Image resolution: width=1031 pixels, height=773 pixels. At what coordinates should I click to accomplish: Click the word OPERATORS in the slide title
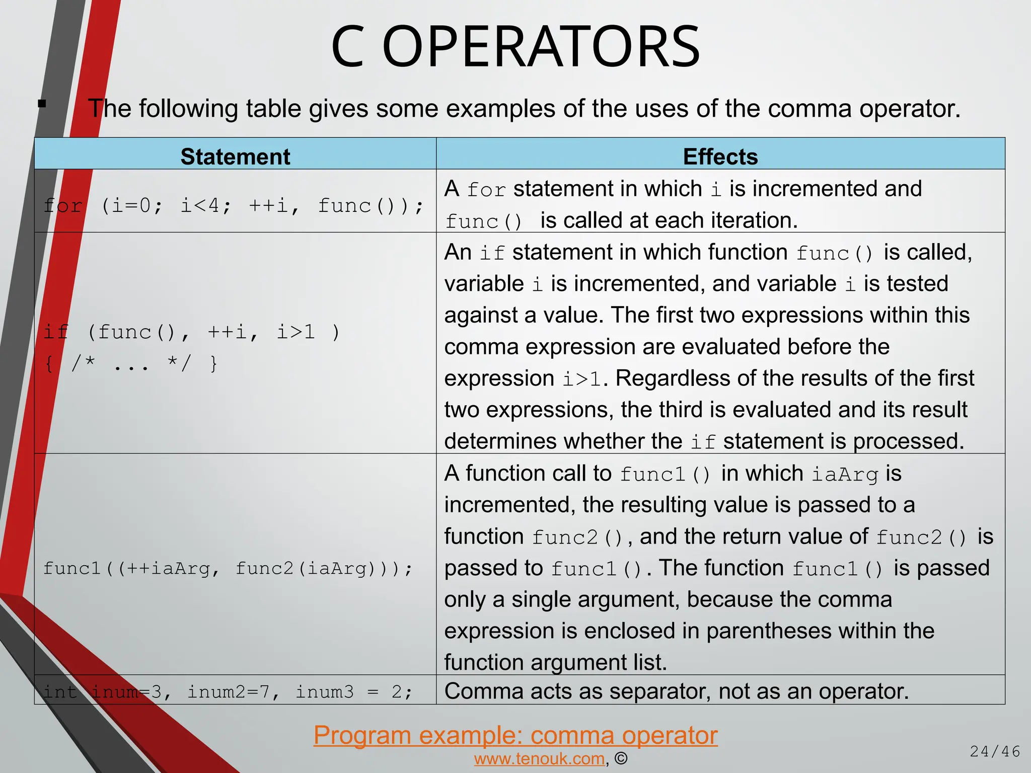pyautogui.click(x=541, y=47)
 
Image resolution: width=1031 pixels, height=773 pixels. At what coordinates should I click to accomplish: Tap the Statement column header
pyautogui.click(x=235, y=157)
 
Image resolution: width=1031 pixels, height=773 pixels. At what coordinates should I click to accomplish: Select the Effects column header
pyautogui.click(x=720, y=157)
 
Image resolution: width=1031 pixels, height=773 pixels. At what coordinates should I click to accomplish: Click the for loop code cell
pyautogui.click(x=234, y=206)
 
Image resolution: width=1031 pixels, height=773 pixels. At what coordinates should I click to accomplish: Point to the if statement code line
pyautogui.click(x=191, y=332)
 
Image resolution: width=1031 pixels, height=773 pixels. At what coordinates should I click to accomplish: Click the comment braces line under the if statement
pyautogui.click(x=131, y=363)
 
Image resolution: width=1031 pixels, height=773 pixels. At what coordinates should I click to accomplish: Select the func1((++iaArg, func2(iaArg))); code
pyautogui.click(x=228, y=568)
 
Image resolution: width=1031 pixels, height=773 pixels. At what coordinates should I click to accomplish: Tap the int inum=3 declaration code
pyautogui.click(x=228, y=692)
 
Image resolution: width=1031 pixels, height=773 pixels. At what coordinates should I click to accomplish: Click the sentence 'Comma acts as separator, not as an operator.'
pyautogui.click(x=677, y=691)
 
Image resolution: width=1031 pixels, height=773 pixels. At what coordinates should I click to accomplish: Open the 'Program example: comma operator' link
pyautogui.click(x=515, y=735)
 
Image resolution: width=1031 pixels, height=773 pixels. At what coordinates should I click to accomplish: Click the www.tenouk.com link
pyautogui.click(x=539, y=758)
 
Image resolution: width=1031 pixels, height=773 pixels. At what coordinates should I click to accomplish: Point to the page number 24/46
pyautogui.click(x=995, y=751)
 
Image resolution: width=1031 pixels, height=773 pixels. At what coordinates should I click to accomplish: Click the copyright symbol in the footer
pyautogui.click(x=621, y=758)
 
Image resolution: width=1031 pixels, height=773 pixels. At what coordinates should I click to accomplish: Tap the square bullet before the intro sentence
pyautogui.click(x=42, y=104)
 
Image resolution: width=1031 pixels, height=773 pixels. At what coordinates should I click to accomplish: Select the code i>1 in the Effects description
pyautogui.click(x=582, y=379)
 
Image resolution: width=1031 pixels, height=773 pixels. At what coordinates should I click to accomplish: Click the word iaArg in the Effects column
pyautogui.click(x=845, y=474)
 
